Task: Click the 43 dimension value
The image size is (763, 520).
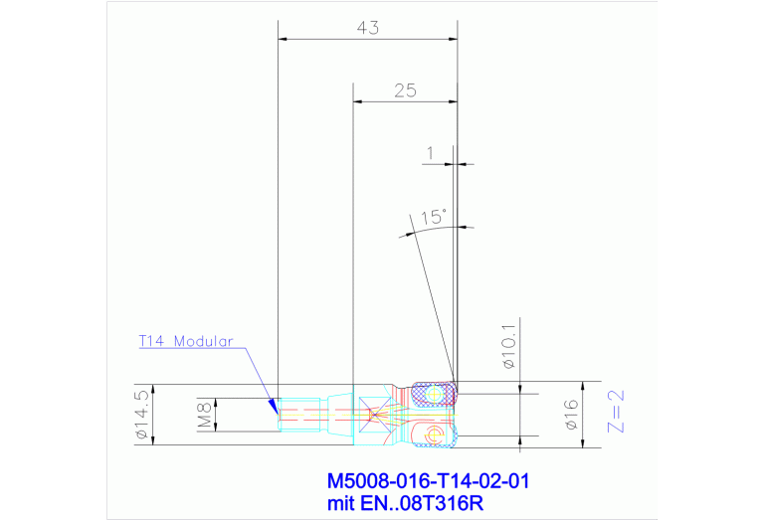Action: click(x=367, y=28)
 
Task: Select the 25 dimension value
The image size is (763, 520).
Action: click(x=405, y=90)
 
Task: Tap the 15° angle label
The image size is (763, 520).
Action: click(x=433, y=217)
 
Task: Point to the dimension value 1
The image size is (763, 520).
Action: click(x=430, y=154)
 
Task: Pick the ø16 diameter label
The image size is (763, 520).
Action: click(x=571, y=415)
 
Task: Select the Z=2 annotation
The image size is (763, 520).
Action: click(x=616, y=412)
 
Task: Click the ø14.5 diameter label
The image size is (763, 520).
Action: click(x=142, y=415)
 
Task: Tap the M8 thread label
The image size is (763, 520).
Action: click(x=205, y=415)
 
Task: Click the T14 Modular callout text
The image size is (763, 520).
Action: click(x=186, y=341)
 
